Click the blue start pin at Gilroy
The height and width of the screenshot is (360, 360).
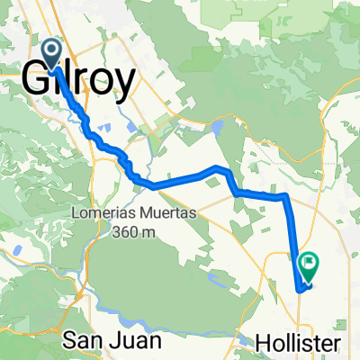[x=54, y=52]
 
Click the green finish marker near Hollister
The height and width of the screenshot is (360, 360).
[x=309, y=264]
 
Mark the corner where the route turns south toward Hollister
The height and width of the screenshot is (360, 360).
[x=285, y=194]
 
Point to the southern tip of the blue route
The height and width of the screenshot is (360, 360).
[x=300, y=289]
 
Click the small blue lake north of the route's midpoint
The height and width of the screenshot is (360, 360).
[x=219, y=127]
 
